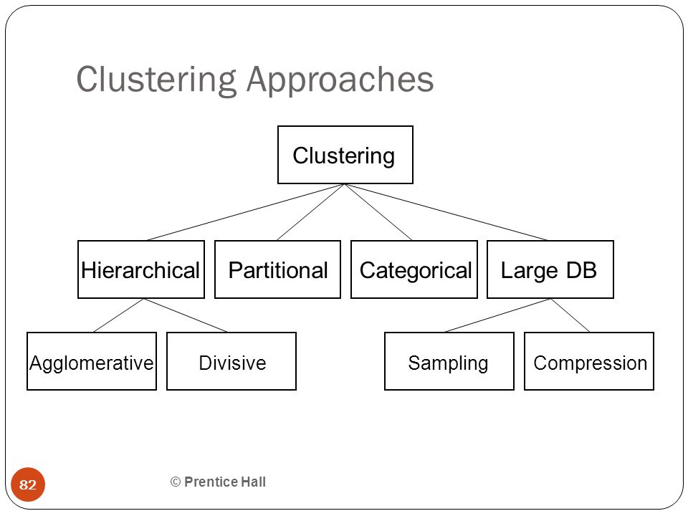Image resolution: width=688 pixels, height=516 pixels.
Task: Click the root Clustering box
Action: click(345, 155)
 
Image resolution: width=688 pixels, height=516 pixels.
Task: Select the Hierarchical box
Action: click(141, 269)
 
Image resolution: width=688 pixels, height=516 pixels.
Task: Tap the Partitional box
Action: click(278, 269)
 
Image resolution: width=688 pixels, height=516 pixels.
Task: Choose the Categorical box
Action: click(414, 269)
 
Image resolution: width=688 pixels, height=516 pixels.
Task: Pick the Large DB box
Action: click(550, 269)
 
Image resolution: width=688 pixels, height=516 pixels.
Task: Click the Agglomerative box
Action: click(92, 361)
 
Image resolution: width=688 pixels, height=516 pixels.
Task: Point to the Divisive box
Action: click(231, 361)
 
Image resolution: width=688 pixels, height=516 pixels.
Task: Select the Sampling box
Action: click(449, 361)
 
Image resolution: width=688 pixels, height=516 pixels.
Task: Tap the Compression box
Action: click(589, 361)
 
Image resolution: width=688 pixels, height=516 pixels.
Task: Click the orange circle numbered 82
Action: click(28, 484)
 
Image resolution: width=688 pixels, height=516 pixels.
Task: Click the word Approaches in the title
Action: click(340, 81)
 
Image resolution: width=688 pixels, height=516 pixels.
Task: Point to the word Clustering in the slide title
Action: click(157, 81)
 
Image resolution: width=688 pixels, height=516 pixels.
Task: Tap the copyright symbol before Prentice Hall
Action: click(176, 482)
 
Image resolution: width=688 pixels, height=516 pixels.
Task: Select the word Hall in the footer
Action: click(253, 482)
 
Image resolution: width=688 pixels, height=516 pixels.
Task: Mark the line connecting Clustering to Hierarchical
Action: click(246, 212)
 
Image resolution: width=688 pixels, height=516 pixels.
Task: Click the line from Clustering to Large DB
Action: click(446, 212)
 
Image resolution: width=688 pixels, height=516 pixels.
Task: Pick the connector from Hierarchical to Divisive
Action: click(185, 315)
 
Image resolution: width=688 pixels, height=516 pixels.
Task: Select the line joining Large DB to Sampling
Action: click(498, 315)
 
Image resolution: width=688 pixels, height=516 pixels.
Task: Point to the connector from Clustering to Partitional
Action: click(311, 212)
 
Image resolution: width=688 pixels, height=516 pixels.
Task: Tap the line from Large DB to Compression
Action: click(570, 315)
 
